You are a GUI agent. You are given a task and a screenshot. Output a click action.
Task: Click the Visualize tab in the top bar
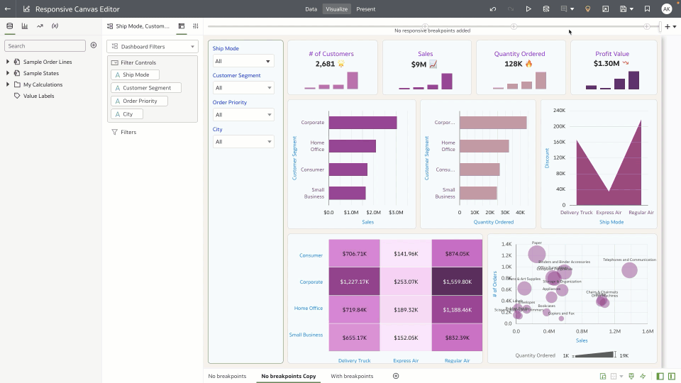(x=337, y=9)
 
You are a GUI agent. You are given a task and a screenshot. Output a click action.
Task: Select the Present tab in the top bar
(x=366, y=9)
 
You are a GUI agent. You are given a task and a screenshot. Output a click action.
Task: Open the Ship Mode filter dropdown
(x=243, y=61)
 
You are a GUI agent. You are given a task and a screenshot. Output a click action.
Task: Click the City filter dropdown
(x=243, y=142)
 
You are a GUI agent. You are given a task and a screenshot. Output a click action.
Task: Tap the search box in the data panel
(x=45, y=45)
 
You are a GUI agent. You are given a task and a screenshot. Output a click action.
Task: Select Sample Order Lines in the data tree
(x=48, y=62)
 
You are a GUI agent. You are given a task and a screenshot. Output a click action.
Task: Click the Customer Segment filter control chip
(x=146, y=88)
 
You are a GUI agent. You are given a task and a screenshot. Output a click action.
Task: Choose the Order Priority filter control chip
(x=139, y=101)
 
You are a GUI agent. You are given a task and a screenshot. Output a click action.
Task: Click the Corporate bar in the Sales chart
(x=362, y=123)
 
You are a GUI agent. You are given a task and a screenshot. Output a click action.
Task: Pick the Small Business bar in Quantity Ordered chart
(x=477, y=193)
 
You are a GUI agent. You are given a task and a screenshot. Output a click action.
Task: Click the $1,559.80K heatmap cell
(x=456, y=281)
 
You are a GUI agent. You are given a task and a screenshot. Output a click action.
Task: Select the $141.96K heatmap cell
(x=405, y=254)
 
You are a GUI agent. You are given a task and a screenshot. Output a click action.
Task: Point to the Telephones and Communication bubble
(x=629, y=270)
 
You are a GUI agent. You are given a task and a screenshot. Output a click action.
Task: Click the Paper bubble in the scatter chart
(x=537, y=254)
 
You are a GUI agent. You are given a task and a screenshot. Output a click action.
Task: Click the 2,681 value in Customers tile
(x=325, y=64)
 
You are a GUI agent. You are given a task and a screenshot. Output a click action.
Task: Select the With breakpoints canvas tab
(x=352, y=376)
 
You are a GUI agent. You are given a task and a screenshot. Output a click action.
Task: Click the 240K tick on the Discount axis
(x=559, y=111)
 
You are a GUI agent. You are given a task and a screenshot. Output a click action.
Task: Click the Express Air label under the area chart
(x=609, y=212)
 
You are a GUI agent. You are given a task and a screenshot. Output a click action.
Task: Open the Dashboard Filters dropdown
(x=152, y=47)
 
